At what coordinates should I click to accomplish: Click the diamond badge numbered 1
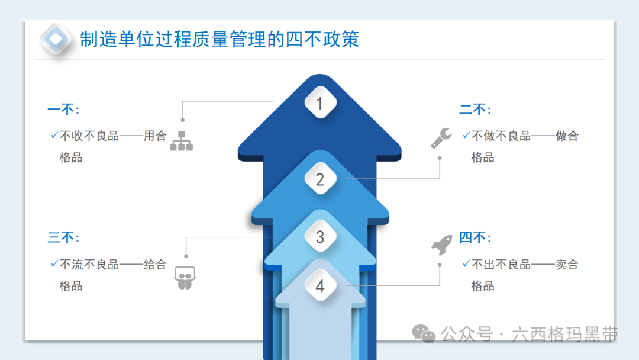320,103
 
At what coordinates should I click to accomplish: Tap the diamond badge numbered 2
320,179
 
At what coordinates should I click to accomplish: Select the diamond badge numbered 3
320,236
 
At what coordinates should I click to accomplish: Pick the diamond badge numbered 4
320,285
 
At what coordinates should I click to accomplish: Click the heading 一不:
63,110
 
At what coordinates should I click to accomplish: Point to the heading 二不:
475,110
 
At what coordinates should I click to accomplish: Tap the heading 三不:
63,237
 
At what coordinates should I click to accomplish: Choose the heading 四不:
475,237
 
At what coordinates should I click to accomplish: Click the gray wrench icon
441,138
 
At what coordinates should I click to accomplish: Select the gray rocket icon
442,245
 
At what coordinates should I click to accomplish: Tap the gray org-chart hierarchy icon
182,141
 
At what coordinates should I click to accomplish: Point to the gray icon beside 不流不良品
185,278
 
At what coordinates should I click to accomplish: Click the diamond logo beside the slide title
56,39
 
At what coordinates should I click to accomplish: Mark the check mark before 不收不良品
54,135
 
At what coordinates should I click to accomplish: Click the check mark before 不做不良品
467,135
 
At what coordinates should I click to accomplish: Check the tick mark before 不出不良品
467,263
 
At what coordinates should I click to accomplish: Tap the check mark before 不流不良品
54,263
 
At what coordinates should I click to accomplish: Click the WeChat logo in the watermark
424,334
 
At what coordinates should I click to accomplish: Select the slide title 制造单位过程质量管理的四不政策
220,39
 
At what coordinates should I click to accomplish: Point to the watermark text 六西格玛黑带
565,335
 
